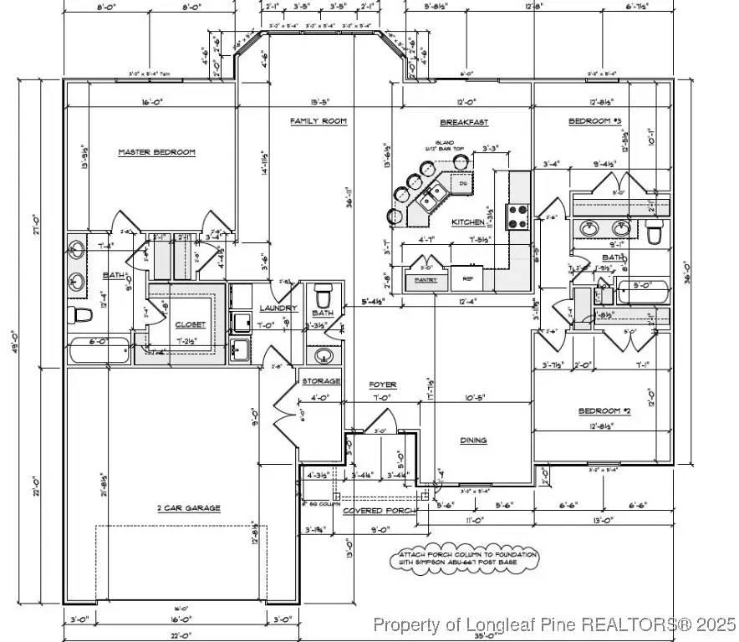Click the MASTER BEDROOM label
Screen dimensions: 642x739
[156, 152]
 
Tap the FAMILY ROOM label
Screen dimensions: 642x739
[318, 121]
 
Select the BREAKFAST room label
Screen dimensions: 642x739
[464, 122]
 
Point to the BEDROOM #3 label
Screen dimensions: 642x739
[594, 122]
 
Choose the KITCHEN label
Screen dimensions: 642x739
[466, 222]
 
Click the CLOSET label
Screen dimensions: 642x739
[190, 324]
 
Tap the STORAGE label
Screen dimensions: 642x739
[321, 381]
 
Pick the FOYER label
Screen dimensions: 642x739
[383, 385]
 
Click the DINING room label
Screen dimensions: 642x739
[473, 441]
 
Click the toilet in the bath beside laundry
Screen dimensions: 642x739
[324, 297]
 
